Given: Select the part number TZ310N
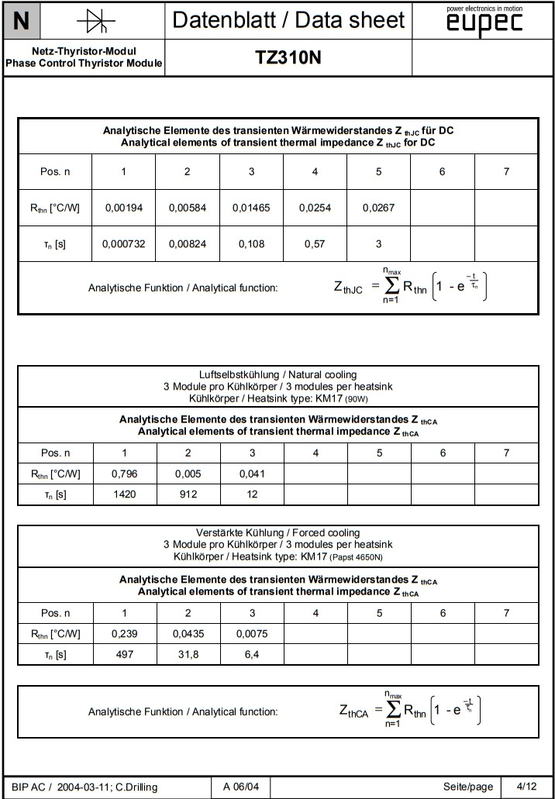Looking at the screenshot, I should point(288,58).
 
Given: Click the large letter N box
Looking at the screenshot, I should point(22,21).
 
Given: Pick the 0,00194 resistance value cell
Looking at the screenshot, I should point(123,208).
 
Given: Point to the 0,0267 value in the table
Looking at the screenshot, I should point(378,208).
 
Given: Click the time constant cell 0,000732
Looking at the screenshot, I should point(123,244).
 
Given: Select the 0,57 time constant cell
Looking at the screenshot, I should point(315,244).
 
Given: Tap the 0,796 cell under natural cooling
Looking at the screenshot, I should point(125,474).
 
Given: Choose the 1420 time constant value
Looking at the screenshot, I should point(125,494).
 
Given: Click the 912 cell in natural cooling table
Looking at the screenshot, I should point(188,494).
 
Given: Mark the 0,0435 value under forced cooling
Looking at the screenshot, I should point(188,634).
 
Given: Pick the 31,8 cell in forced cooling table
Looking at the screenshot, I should point(188,654).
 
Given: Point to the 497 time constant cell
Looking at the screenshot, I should point(125,654).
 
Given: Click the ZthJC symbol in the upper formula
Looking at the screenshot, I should point(348,288).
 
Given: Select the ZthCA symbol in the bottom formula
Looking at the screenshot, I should point(353,711).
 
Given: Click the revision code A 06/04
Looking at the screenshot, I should point(241,787).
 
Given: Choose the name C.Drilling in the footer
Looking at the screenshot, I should point(136,787).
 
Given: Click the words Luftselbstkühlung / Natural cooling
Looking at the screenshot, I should point(277,375).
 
